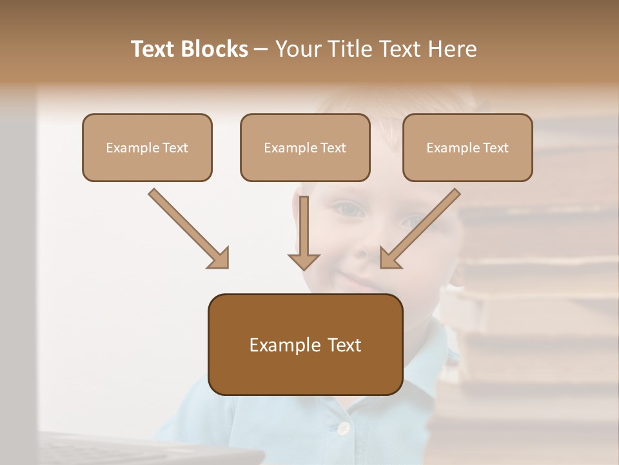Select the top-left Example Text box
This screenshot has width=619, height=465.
pos(147,147)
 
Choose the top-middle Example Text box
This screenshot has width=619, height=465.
pos(305,147)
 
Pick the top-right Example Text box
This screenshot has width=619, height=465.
pos(467,147)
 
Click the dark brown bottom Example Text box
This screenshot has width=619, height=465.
pos(305,344)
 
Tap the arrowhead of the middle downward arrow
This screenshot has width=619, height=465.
pos(304,261)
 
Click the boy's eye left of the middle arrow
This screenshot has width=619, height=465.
pos(348,209)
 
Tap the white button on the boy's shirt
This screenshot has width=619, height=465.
pos(344,428)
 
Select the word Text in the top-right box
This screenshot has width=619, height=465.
pos(495,148)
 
